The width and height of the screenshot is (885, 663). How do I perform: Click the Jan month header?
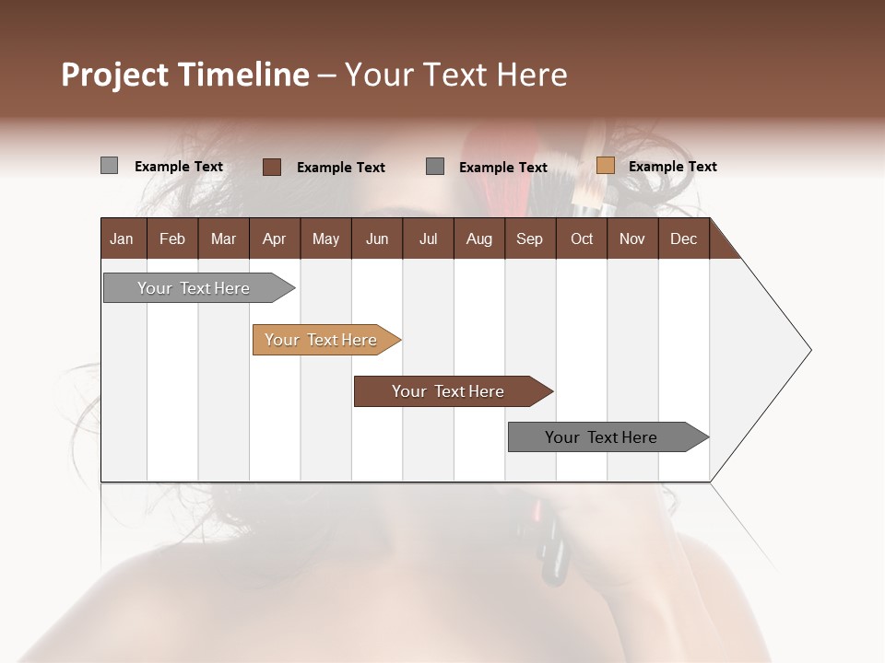pyautogui.click(x=122, y=238)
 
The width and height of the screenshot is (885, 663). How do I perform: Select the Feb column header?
pyautogui.click(x=172, y=238)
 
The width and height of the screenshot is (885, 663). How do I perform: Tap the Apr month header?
pyautogui.click(x=274, y=238)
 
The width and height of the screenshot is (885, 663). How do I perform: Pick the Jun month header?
pyautogui.click(x=377, y=238)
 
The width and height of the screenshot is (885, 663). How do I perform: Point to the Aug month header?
pyautogui.click(x=478, y=238)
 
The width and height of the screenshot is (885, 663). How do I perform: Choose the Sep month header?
pyautogui.click(x=529, y=238)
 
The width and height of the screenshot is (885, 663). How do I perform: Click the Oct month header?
pyautogui.click(x=582, y=238)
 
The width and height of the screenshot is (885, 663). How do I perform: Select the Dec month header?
pyautogui.click(x=683, y=238)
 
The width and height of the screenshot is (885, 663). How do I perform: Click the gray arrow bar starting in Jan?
pyautogui.click(x=195, y=288)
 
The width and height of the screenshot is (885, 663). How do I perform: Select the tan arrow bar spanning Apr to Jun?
pyautogui.click(x=322, y=340)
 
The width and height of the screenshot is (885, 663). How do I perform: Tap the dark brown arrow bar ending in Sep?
pyautogui.click(x=449, y=391)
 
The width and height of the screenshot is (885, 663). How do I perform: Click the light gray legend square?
pyautogui.click(x=109, y=166)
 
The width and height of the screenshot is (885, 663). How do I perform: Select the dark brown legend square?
pyautogui.click(x=271, y=167)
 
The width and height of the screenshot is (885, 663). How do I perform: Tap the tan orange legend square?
pyautogui.click(x=605, y=166)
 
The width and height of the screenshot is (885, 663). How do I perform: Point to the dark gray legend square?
pyautogui.click(x=435, y=167)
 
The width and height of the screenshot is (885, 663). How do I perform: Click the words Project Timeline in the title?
pyautogui.click(x=185, y=75)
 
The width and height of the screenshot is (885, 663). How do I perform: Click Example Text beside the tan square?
pyautogui.click(x=672, y=167)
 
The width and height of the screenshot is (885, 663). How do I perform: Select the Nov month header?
pyautogui.click(x=631, y=238)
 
